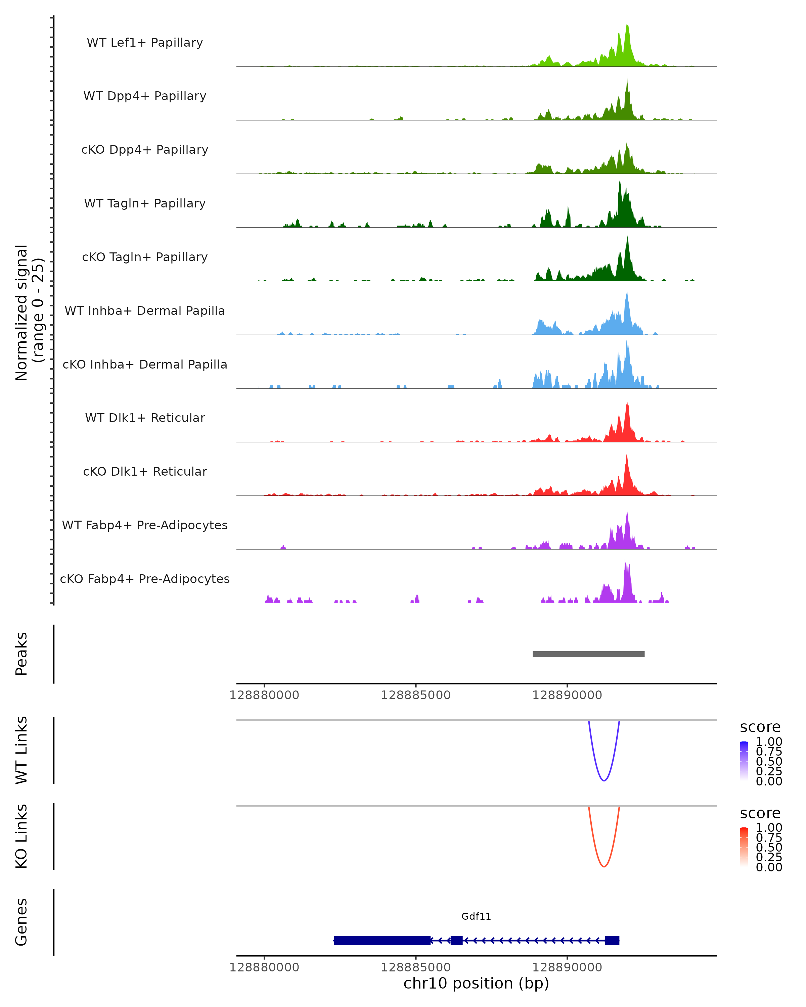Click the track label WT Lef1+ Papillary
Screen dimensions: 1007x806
[145, 43]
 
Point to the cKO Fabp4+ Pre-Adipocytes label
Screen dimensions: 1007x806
[145, 579]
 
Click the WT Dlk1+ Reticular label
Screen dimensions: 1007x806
[145, 418]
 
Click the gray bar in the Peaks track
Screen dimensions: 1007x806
[588, 654]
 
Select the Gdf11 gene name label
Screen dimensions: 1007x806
[476, 916]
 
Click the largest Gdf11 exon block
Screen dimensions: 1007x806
[382, 940]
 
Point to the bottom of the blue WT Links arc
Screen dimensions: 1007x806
[604, 780]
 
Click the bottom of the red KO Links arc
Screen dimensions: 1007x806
[604, 866]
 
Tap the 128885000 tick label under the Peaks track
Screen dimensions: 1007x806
[415, 695]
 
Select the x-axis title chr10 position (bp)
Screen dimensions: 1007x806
[476, 983]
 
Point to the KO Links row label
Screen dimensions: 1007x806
[21, 836]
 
